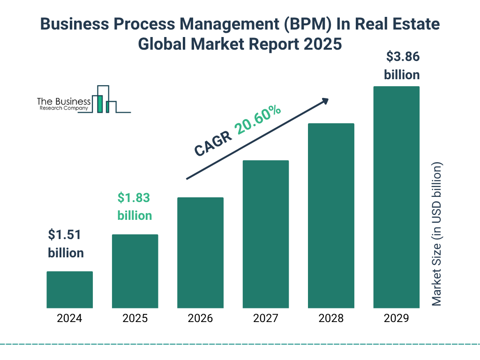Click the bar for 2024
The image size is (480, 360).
(x=69, y=290)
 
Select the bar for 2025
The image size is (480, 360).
(x=135, y=271)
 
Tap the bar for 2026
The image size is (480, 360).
(x=200, y=253)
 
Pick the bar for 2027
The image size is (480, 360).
(x=265, y=234)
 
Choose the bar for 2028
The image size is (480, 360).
(x=331, y=216)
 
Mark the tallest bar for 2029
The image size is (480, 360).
(x=396, y=197)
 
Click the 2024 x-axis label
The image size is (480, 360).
(x=69, y=319)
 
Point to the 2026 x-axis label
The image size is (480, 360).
(x=200, y=319)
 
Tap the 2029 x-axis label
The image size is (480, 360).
(x=396, y=319)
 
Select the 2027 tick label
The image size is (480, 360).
(x=265, y=319)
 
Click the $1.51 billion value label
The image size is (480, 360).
(x=66, y=244)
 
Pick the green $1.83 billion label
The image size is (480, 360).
(x=135, y=207)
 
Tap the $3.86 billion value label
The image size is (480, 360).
(x=402, y=66)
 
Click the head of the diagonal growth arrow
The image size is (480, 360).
(x=324, y=101)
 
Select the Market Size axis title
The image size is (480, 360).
(x=437, y=234)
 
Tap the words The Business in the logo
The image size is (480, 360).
(x=64, y=101)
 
